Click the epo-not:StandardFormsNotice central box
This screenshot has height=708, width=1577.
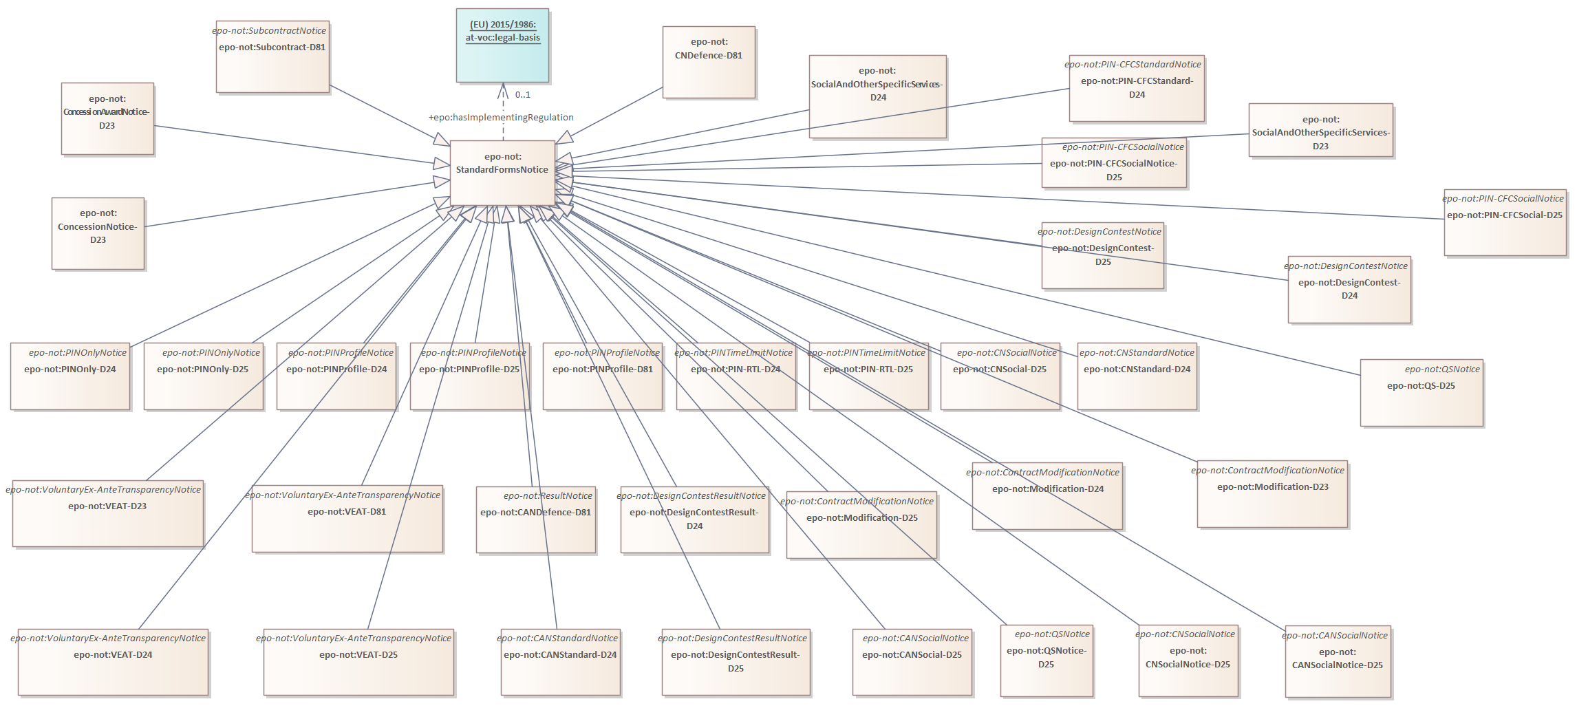502,172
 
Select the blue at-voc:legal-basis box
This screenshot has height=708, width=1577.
502,45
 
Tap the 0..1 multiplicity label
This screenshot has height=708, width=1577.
523,95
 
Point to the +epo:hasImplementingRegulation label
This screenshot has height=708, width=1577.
501,118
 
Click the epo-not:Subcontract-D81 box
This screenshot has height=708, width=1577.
272,56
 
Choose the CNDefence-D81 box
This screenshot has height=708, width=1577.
709,62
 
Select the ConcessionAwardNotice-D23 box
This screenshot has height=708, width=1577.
107,118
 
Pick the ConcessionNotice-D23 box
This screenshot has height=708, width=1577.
98,233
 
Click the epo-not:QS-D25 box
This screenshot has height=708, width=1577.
1422,392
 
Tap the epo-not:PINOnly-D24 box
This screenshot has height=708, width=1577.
70,376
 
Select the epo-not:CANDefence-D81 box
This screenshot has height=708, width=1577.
535,519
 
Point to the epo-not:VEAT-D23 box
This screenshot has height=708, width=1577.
107,513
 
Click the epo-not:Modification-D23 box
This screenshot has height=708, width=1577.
1272,494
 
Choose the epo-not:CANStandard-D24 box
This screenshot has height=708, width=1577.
560,661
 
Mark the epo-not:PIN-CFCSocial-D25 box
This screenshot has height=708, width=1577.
1505,222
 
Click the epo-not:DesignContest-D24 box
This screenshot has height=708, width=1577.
1349,289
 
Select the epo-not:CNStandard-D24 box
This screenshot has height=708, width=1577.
1137,376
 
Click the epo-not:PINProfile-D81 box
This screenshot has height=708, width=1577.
603,376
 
